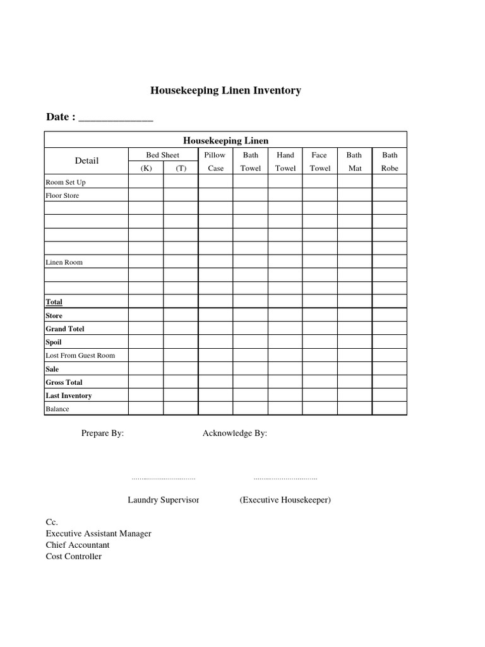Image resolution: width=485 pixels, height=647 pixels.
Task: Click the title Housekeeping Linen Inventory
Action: click(x=225, y=90)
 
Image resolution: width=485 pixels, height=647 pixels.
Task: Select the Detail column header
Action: click(x=87, y=160)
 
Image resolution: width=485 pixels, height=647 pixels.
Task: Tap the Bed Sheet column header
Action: click(x=163, y=155)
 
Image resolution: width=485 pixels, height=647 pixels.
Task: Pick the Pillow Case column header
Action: click(x=215, y=162)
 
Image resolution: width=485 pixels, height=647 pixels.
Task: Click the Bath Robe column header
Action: click(x=390, y=162)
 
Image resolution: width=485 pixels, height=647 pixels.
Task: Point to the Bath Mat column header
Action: click(x=354, y=162)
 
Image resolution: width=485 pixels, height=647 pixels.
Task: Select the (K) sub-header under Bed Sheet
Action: click(x=146, y=169)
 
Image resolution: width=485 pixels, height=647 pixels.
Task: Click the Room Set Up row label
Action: click(x=65, y=182)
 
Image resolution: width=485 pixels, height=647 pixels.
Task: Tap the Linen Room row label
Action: click(x=64, y=262)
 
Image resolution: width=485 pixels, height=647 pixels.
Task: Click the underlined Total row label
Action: click(x=54, y=302)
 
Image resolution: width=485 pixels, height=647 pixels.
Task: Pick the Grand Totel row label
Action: click(x=64, y=329)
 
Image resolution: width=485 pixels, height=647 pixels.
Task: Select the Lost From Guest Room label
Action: click(x=80, y=355)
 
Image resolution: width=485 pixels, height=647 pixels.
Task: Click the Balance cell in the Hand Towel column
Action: click(x=285, y=409)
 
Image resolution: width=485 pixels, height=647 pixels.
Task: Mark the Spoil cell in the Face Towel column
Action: click(x=320, y=342)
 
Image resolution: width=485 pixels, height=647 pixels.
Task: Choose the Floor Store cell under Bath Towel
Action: click(x=250, y=195)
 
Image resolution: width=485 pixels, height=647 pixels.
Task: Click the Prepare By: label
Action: click(x=102, y=433)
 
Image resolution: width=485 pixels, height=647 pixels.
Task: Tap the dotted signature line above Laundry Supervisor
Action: click(x=163, y=479)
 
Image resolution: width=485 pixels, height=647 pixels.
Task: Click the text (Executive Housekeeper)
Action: click(x=285, y=500)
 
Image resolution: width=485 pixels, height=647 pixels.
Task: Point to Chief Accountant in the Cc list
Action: click(x=77, y=545)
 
